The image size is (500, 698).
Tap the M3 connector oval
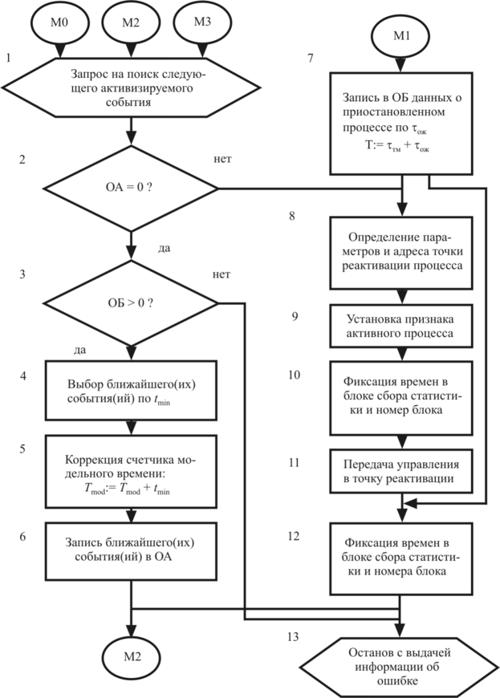click(203, 22)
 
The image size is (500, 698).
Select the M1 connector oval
click(402, 37)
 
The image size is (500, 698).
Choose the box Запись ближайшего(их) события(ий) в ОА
click(129, 549)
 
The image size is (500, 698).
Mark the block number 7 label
click(294, 59)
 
